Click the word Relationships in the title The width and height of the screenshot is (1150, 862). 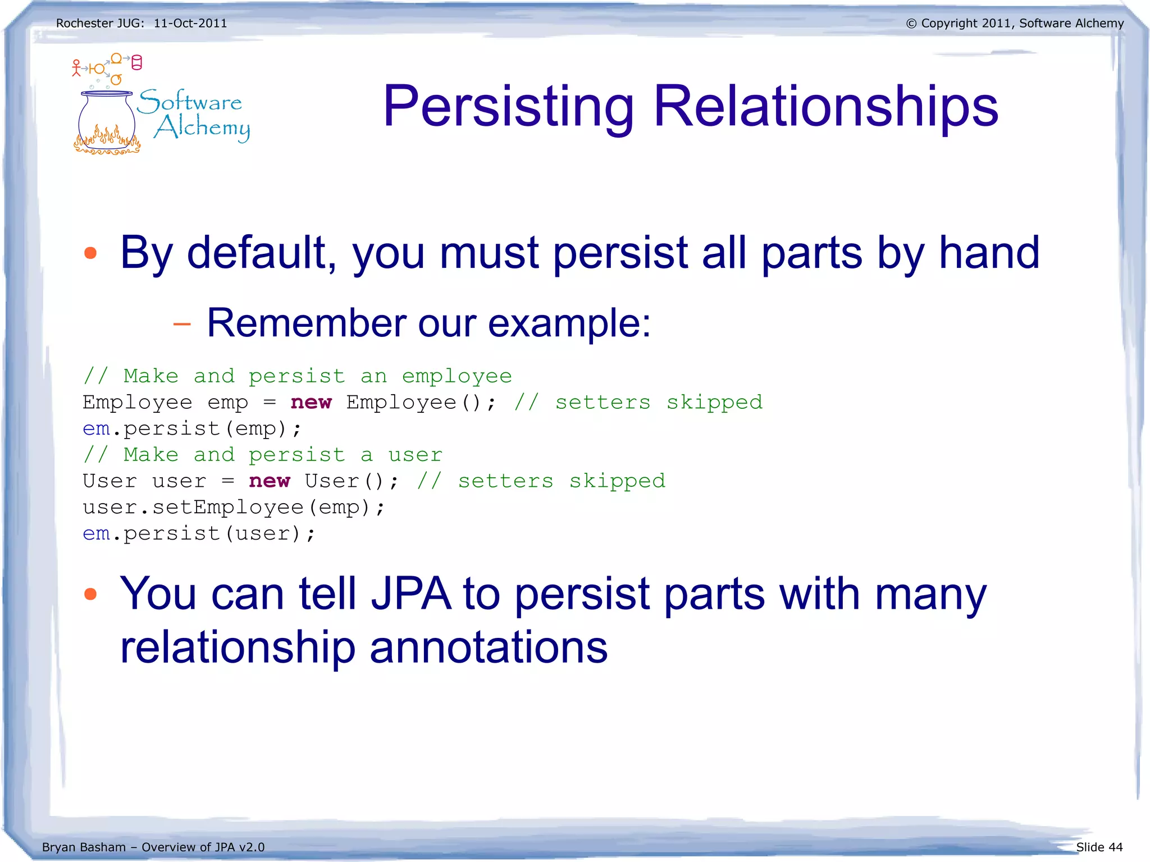(x=825, y=107)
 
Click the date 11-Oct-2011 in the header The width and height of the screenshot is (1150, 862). (x=190, y=24)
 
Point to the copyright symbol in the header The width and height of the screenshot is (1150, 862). (x=911, y=24)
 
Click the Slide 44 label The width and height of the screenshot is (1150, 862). (x=1099, y=847)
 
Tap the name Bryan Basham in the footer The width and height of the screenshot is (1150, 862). (x=84, y=847)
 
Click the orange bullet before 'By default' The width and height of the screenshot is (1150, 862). (x=90, y=253)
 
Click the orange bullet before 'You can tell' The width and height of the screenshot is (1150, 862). (x=90, y=594)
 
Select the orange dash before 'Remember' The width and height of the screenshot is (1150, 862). (x=182, y=324)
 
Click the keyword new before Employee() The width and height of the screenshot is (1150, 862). (x=311, y=403)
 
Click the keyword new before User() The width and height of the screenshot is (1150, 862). (x=270, y=481)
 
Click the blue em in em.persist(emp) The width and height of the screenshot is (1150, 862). (x=96, y=429)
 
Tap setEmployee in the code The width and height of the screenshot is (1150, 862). (x=228, y=508)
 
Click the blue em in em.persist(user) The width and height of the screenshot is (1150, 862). (x=96, y=534)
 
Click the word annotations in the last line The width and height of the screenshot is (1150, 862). (x=489, y=647)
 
